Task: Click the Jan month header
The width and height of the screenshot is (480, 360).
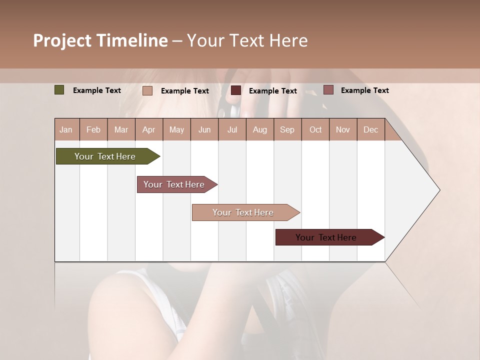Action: [x=66, y=129]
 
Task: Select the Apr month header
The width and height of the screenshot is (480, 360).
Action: [x=148, y=129]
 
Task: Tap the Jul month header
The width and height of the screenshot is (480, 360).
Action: [x=232, y=129]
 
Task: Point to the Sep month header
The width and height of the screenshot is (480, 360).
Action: [x=287, y=129]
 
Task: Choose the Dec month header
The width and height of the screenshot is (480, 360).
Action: [x=370, y=129]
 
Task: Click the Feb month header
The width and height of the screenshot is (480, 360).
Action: [x=93, y=129]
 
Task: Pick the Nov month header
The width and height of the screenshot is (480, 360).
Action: [x=342, y=129]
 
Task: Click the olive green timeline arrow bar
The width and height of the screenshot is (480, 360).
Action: [x=105, y=156]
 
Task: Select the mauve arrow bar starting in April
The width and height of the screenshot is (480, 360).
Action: [x=174, y=184]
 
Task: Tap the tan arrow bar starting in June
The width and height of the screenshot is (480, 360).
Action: [x=243, y=212]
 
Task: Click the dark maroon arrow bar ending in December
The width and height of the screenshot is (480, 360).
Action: [x=326, y=237]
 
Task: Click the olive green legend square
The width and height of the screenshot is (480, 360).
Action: [x=59, y=90]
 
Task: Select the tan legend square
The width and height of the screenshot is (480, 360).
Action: [x=147, y=90]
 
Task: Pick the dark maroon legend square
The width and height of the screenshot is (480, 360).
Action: [x=236, y=90]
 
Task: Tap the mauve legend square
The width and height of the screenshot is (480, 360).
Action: [x=328, y=90]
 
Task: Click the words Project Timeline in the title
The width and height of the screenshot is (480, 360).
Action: [x=100, y=40]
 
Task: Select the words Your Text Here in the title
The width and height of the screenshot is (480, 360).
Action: [x=247, y=40]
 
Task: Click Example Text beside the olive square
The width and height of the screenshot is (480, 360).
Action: [x=97, y=90]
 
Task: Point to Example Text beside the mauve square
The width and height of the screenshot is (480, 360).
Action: [x=365, y=90]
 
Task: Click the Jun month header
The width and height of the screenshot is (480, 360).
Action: [x=204, y=129]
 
